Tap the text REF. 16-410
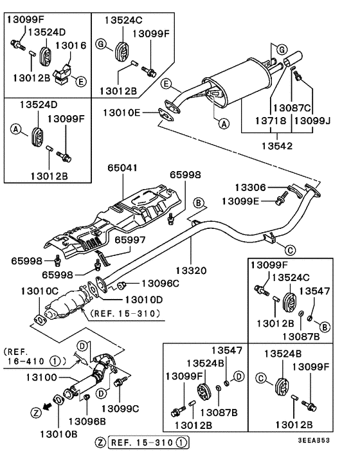[32, 356]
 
